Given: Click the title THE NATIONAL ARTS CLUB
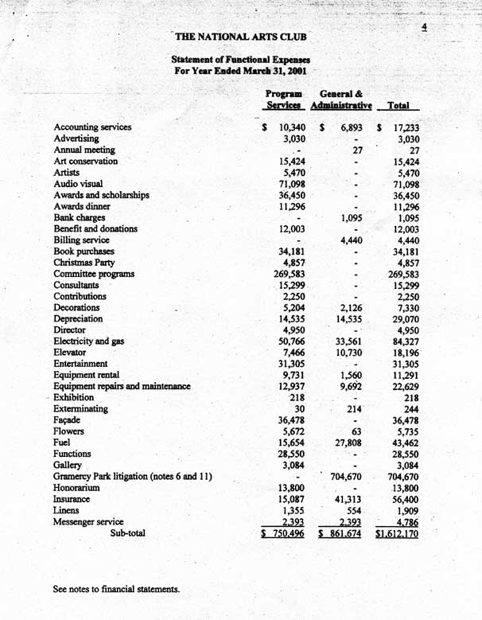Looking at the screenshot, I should [x=240, y=36].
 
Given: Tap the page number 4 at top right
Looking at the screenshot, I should [x=426, y=27].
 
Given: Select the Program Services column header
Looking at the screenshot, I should [x=284, y=99].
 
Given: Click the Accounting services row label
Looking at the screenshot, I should [x=92, y=127].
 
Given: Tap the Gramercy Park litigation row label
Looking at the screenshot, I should [x=132, y=476].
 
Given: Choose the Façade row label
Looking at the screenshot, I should [x=71, y=419].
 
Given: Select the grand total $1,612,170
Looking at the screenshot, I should [x=398, y=534].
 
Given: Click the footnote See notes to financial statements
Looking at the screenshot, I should [x=116, y=590].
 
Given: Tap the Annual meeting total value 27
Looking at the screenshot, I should [x=414, y=150].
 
